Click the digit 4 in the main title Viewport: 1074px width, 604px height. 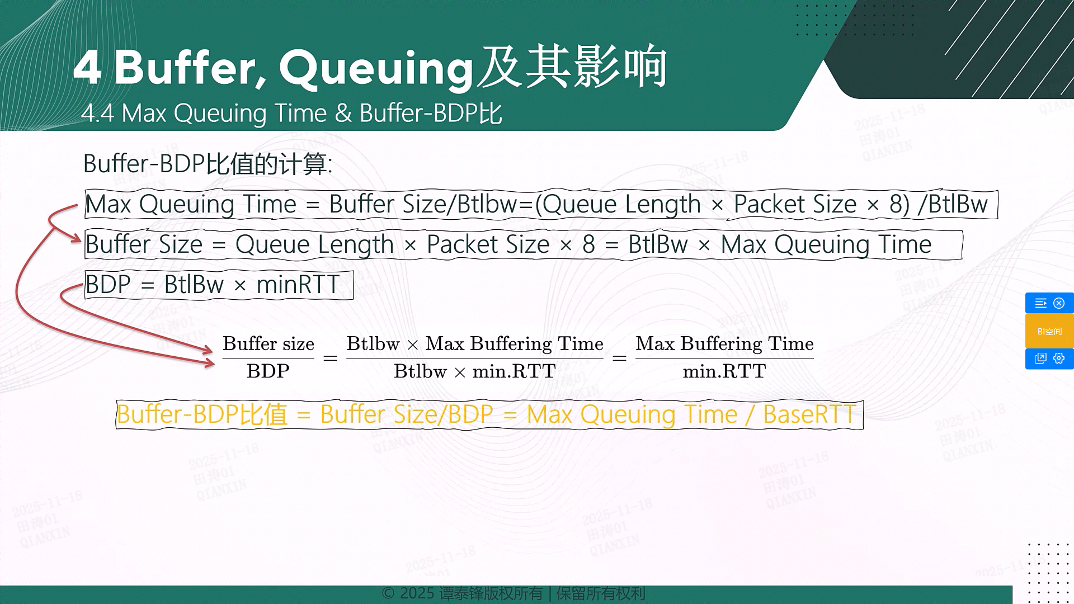(87, 67)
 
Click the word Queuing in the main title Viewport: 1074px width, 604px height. (376, 69)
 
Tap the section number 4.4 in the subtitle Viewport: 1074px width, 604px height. (97, 114)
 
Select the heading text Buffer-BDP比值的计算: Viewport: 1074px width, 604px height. (208, 164)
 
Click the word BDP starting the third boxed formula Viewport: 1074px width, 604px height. (108, 285)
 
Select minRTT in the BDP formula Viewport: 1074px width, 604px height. (298, 285)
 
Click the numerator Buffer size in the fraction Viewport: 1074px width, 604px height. (268, 343)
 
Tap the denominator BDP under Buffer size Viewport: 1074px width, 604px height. (268, 371)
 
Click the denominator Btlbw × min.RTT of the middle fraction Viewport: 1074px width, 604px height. (474, 371)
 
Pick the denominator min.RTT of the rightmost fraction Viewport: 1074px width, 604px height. (724, 371)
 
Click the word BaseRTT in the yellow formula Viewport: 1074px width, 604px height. (809, 415)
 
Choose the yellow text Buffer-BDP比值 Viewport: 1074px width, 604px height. (202, 415)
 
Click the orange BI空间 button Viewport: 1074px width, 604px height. (1049, 331)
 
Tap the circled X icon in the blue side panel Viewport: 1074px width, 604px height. (1059, 303)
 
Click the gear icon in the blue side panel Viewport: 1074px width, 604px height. (1059, 358)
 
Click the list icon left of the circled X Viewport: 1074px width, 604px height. (1040, 303)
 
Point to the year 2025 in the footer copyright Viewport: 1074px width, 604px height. (417, 593)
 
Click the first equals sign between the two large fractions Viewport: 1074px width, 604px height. (331, 358)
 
